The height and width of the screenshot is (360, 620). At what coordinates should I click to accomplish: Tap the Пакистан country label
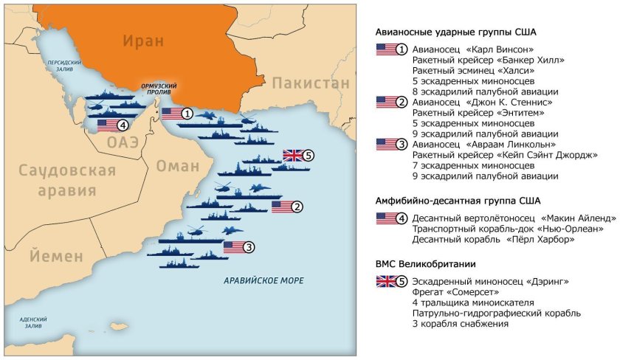[310, 83]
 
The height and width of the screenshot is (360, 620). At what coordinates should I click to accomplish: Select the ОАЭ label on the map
[122, 142]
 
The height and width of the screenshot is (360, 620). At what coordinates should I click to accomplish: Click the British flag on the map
[293, 156]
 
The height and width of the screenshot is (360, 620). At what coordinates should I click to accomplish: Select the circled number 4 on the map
[123, 125]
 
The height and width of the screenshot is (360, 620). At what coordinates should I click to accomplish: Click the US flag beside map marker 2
[282, 207]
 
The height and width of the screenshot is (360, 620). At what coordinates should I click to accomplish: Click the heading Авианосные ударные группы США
[455, 33]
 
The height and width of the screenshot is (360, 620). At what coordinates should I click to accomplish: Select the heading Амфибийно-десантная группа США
[458, 200]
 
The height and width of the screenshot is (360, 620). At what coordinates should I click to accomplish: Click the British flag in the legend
[386, 280]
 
